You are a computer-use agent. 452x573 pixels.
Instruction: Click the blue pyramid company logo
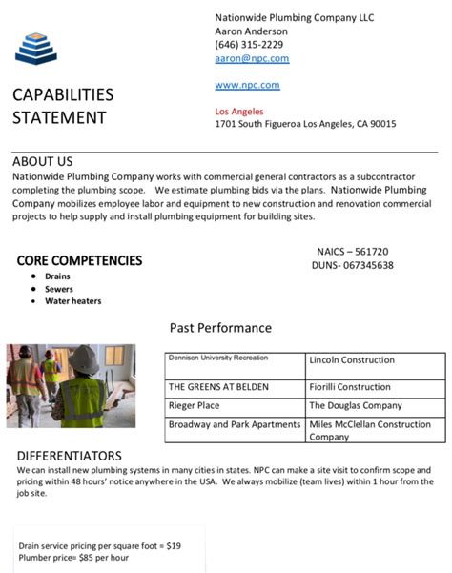pyautogui.click(x=36, y=48)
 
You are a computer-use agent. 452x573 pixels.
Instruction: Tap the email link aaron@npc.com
pyautogui.click(x=252, y=58)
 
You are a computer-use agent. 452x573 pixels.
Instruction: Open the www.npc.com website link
pyautogui.click(x=247, y=85)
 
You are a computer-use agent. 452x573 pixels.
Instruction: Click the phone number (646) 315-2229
pyautogui.click(x=249, y=44)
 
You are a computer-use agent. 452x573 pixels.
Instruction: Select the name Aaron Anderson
pyautogui.click(x=251, y=31)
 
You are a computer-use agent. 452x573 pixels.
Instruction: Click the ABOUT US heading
pyautogui.click(x=43, y=162)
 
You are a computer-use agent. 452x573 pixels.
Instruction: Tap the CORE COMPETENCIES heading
pyautogui.click(x=79, y=260)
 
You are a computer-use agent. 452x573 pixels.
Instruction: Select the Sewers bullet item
pyautogui.click(x=59, y=289)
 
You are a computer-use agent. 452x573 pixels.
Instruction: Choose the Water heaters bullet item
pyautogui.click(x=72, y=301)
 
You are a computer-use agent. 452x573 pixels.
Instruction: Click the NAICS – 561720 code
pyautogui.click(x=352, y=252)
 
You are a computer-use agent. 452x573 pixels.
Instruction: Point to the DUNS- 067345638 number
pyautogui.click(x=354, y=265)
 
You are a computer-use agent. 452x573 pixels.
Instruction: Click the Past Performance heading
pyautogui.click(x=220, y=328)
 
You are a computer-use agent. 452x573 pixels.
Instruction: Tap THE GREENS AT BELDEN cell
pyautogui.click(x=218, y=387)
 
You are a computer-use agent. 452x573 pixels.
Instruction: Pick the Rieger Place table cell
pyautogui.click(x=195, y=405)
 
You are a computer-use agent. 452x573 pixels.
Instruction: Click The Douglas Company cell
pyautogui.click(x=356, y=405)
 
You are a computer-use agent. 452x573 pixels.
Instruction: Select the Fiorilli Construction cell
pyautogui.click(x=350, y=387)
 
